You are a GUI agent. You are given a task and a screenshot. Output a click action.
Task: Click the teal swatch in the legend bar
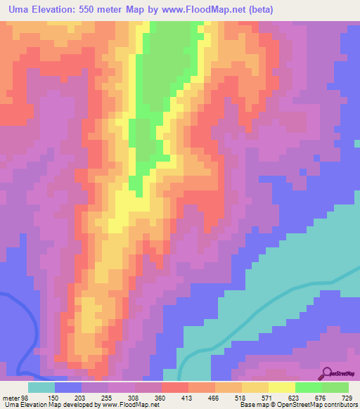[x=41, y=387]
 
